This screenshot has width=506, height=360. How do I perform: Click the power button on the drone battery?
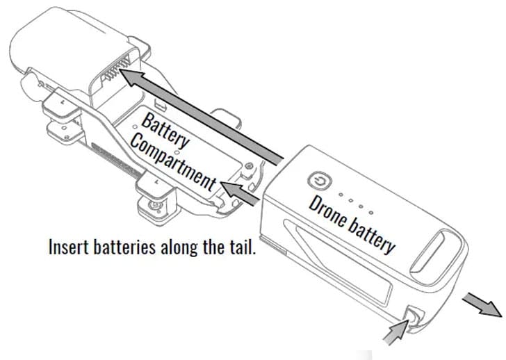320,181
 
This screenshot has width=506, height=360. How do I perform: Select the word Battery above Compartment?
165,131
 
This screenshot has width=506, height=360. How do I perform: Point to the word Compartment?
173,163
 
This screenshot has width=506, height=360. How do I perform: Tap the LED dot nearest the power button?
341,195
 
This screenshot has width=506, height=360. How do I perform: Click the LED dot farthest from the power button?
371,213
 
